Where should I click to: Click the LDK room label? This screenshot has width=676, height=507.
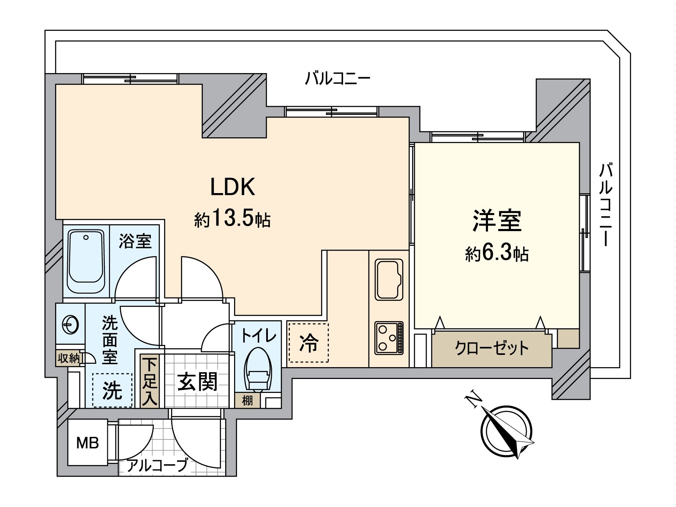point(233,187)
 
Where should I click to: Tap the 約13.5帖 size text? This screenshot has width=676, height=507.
point(232,219)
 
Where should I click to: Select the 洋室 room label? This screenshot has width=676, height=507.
point(497,221)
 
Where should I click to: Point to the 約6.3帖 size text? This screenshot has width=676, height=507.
point(497,253)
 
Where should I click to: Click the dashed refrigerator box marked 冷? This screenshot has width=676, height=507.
point(308,343)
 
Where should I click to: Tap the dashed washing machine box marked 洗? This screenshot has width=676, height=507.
point(112,390)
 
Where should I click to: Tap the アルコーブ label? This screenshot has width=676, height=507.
point(157,466)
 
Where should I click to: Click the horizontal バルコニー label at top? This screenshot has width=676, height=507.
point(338,79)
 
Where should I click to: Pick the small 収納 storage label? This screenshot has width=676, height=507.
point(68,359)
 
